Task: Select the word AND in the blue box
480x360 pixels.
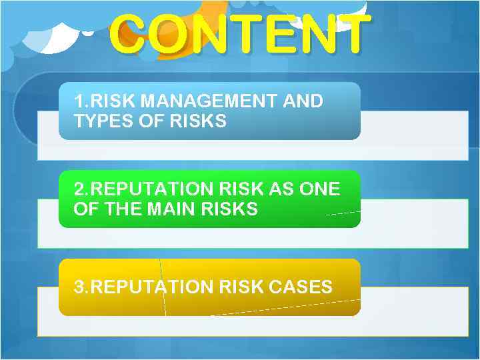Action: coord(303,102)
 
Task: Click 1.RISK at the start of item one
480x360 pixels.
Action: coord(101,102)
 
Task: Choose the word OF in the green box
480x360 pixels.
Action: coord(85,209)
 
